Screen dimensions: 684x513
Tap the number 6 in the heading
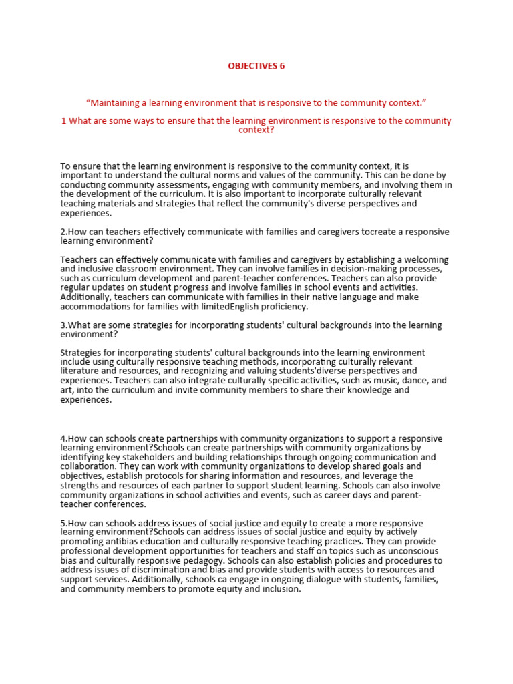(x=283, y=66)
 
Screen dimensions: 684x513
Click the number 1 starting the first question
(x=63, y=121)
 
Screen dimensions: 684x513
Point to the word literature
(x=86, y=371)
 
